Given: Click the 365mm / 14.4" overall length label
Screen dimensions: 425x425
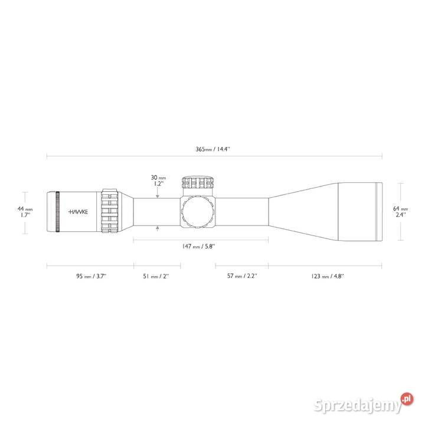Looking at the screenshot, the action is point(212,149).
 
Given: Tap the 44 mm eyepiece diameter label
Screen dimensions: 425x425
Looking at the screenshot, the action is point(25,209).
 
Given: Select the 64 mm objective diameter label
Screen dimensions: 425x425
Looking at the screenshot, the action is point(400,208).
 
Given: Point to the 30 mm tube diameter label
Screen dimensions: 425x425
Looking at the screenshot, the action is point(158,178).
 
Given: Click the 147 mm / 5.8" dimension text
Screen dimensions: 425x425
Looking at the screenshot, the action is point(198,246).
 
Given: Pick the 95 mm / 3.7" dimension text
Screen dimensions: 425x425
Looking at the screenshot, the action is point(91,276).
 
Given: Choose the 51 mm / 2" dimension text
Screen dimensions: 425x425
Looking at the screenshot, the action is point(156,276).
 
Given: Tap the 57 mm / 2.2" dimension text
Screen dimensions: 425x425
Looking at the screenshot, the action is point(242,276).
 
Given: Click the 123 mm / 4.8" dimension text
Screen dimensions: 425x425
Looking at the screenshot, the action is point(328,276).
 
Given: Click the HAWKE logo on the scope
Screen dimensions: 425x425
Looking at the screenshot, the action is point(78,212).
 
